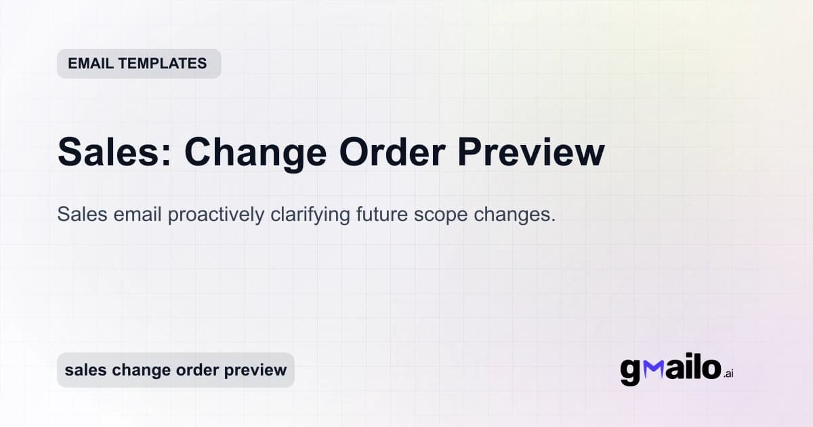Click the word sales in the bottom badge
point(85,370)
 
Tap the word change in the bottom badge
point(138,371)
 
